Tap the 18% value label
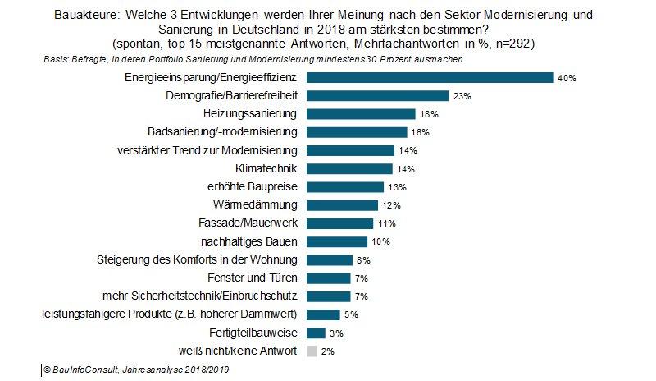(428, 114)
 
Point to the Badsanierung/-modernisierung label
(223, 132)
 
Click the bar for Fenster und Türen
(328, 278)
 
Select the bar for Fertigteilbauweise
(316, 333)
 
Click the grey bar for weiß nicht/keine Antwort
(312, 351)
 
